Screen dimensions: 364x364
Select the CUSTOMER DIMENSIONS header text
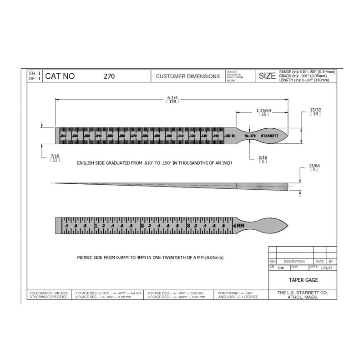pos(187,76)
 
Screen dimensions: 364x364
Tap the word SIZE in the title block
pos(267,76)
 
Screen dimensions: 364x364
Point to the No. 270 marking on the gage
pos(250,136)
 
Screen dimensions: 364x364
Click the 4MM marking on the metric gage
pos(238,226)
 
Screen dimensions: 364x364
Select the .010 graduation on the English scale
pos(64,136)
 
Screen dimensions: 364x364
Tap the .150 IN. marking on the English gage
pos(229,136)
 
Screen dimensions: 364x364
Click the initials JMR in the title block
pos(280,269)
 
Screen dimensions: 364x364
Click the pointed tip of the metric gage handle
pos(287,225)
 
